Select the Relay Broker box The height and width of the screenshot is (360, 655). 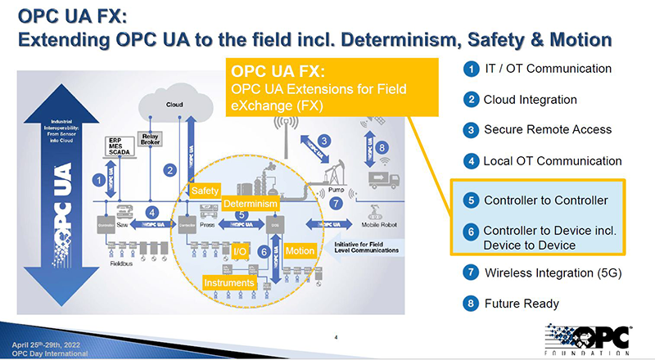click(x=150, y=140)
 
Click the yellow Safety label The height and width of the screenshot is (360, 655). click(x=203, y=190)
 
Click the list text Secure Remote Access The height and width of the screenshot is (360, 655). click(x=547, y=129)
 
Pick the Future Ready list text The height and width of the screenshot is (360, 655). click(x=522, y=304)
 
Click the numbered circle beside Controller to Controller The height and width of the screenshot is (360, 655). click(x=471, y=200)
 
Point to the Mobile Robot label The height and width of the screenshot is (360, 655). click(x=380, y=224)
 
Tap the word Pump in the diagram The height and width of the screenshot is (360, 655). click(x=337, y=190)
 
